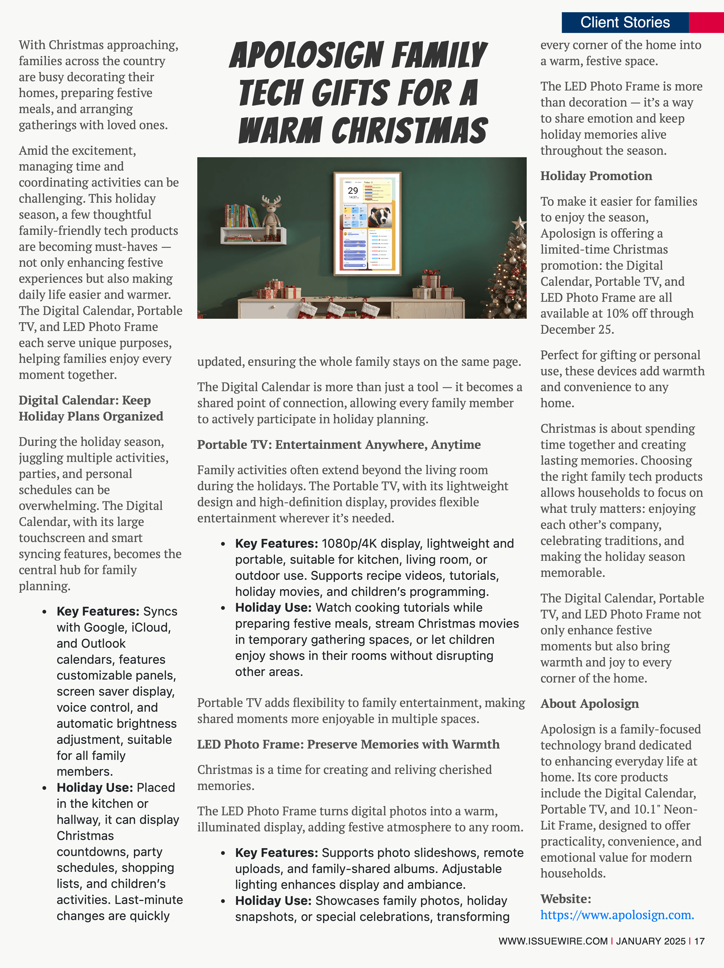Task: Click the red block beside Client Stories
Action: [706, 22]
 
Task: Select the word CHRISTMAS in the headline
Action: [409, 130]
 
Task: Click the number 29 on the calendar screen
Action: [353, 190]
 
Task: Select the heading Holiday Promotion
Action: [596, 176]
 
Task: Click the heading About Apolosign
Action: [589, 704]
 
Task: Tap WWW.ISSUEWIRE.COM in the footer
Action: [553, 941]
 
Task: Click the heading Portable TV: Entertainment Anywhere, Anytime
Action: [339, 445]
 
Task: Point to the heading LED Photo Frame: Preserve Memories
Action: [348, 744]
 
